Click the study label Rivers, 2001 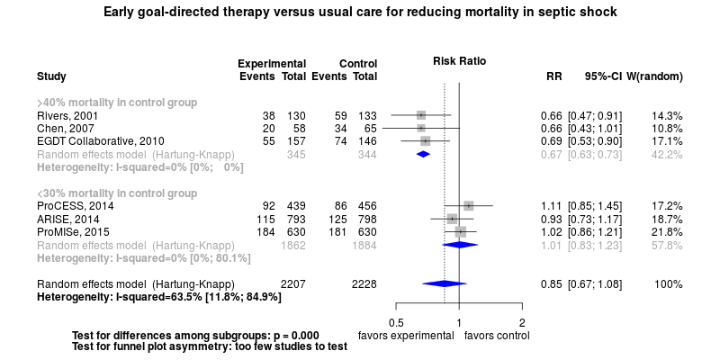pos(67,116)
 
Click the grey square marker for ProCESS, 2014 pos(468,206)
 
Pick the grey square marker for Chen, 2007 pos(420,129)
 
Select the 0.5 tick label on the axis pos(395,322)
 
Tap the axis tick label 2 pos(522,322)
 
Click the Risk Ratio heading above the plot pos(459,62)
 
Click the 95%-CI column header pos(603,76)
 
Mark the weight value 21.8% pos(666,232)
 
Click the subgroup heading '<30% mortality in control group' pos(116,193)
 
